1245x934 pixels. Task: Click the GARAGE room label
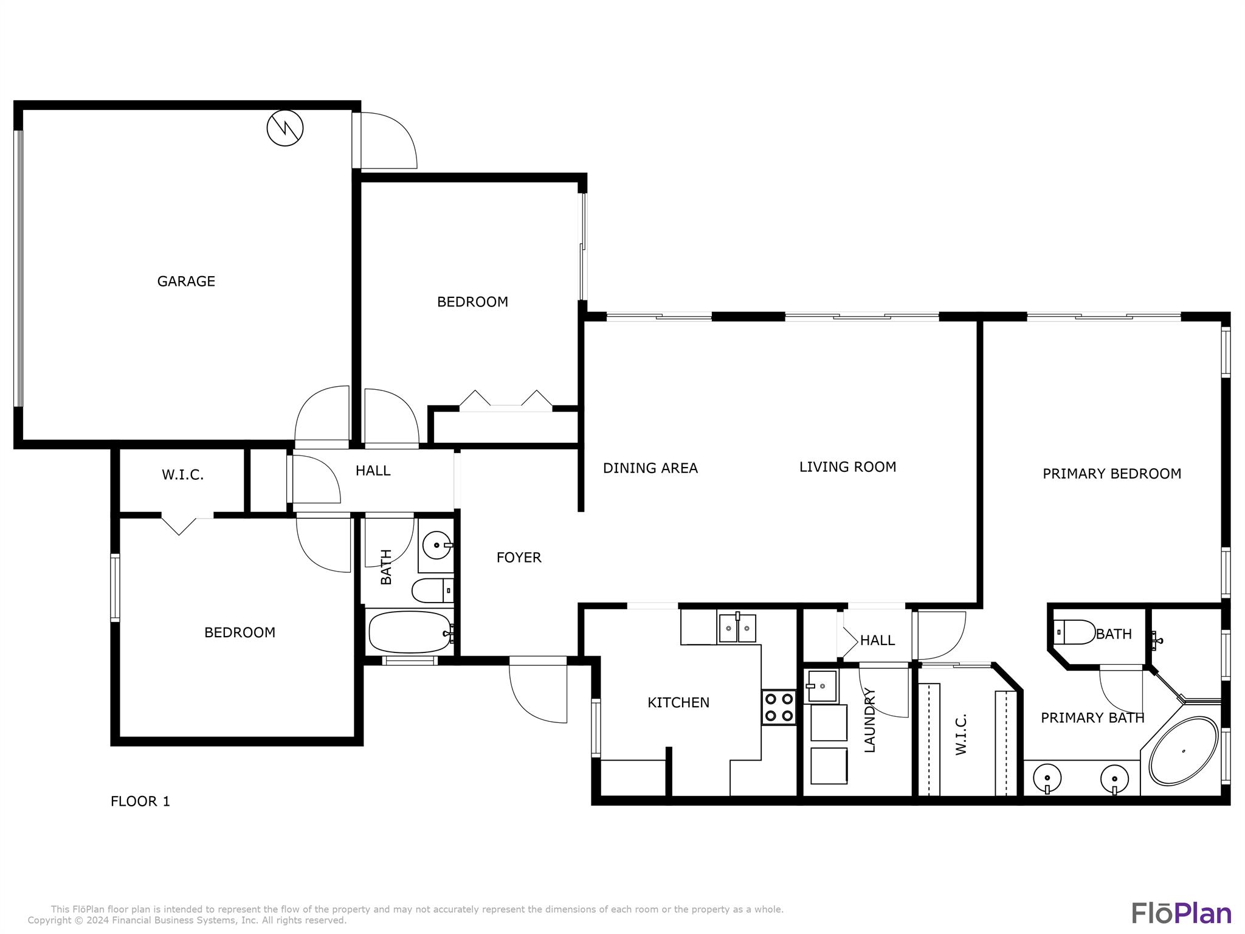point(186,281)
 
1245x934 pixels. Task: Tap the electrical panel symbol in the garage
point(285,128)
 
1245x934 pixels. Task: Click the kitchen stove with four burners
point(779,707)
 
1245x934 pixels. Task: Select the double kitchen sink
point(737,628)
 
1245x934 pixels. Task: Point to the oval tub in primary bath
point(1183,751)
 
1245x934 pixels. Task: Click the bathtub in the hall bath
point(410,632)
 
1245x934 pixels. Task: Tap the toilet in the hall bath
point(432,590)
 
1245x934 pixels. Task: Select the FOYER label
point(519,558)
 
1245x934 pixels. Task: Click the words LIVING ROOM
point(847,467)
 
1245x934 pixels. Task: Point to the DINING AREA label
point(650,468)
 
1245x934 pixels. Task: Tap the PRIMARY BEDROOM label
point(1112,474)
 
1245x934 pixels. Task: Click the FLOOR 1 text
point(140,801)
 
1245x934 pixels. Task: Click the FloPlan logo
point(1181,913)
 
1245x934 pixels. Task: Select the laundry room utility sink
point(821,686)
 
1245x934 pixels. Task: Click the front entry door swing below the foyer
point(537,692)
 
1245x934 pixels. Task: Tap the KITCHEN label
point(678,703)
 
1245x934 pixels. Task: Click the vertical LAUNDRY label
point(869,720)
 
